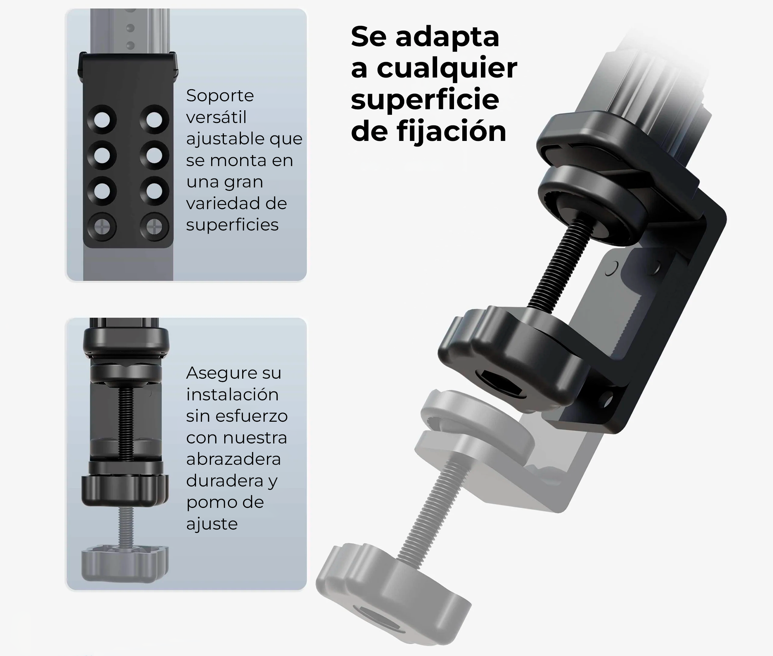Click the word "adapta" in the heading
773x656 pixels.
[447, 37]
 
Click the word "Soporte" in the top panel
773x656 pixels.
[220, 96]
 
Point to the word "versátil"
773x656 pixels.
[216, 117]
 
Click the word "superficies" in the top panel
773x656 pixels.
[232, 225]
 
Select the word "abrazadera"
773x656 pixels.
[233, 459]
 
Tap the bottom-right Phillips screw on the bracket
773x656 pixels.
[154, 226]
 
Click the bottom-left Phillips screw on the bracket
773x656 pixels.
[102, 226]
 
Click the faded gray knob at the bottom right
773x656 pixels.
[390, 591]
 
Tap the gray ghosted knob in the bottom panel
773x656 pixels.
[125, 563]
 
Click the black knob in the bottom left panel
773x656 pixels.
[125, 490]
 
